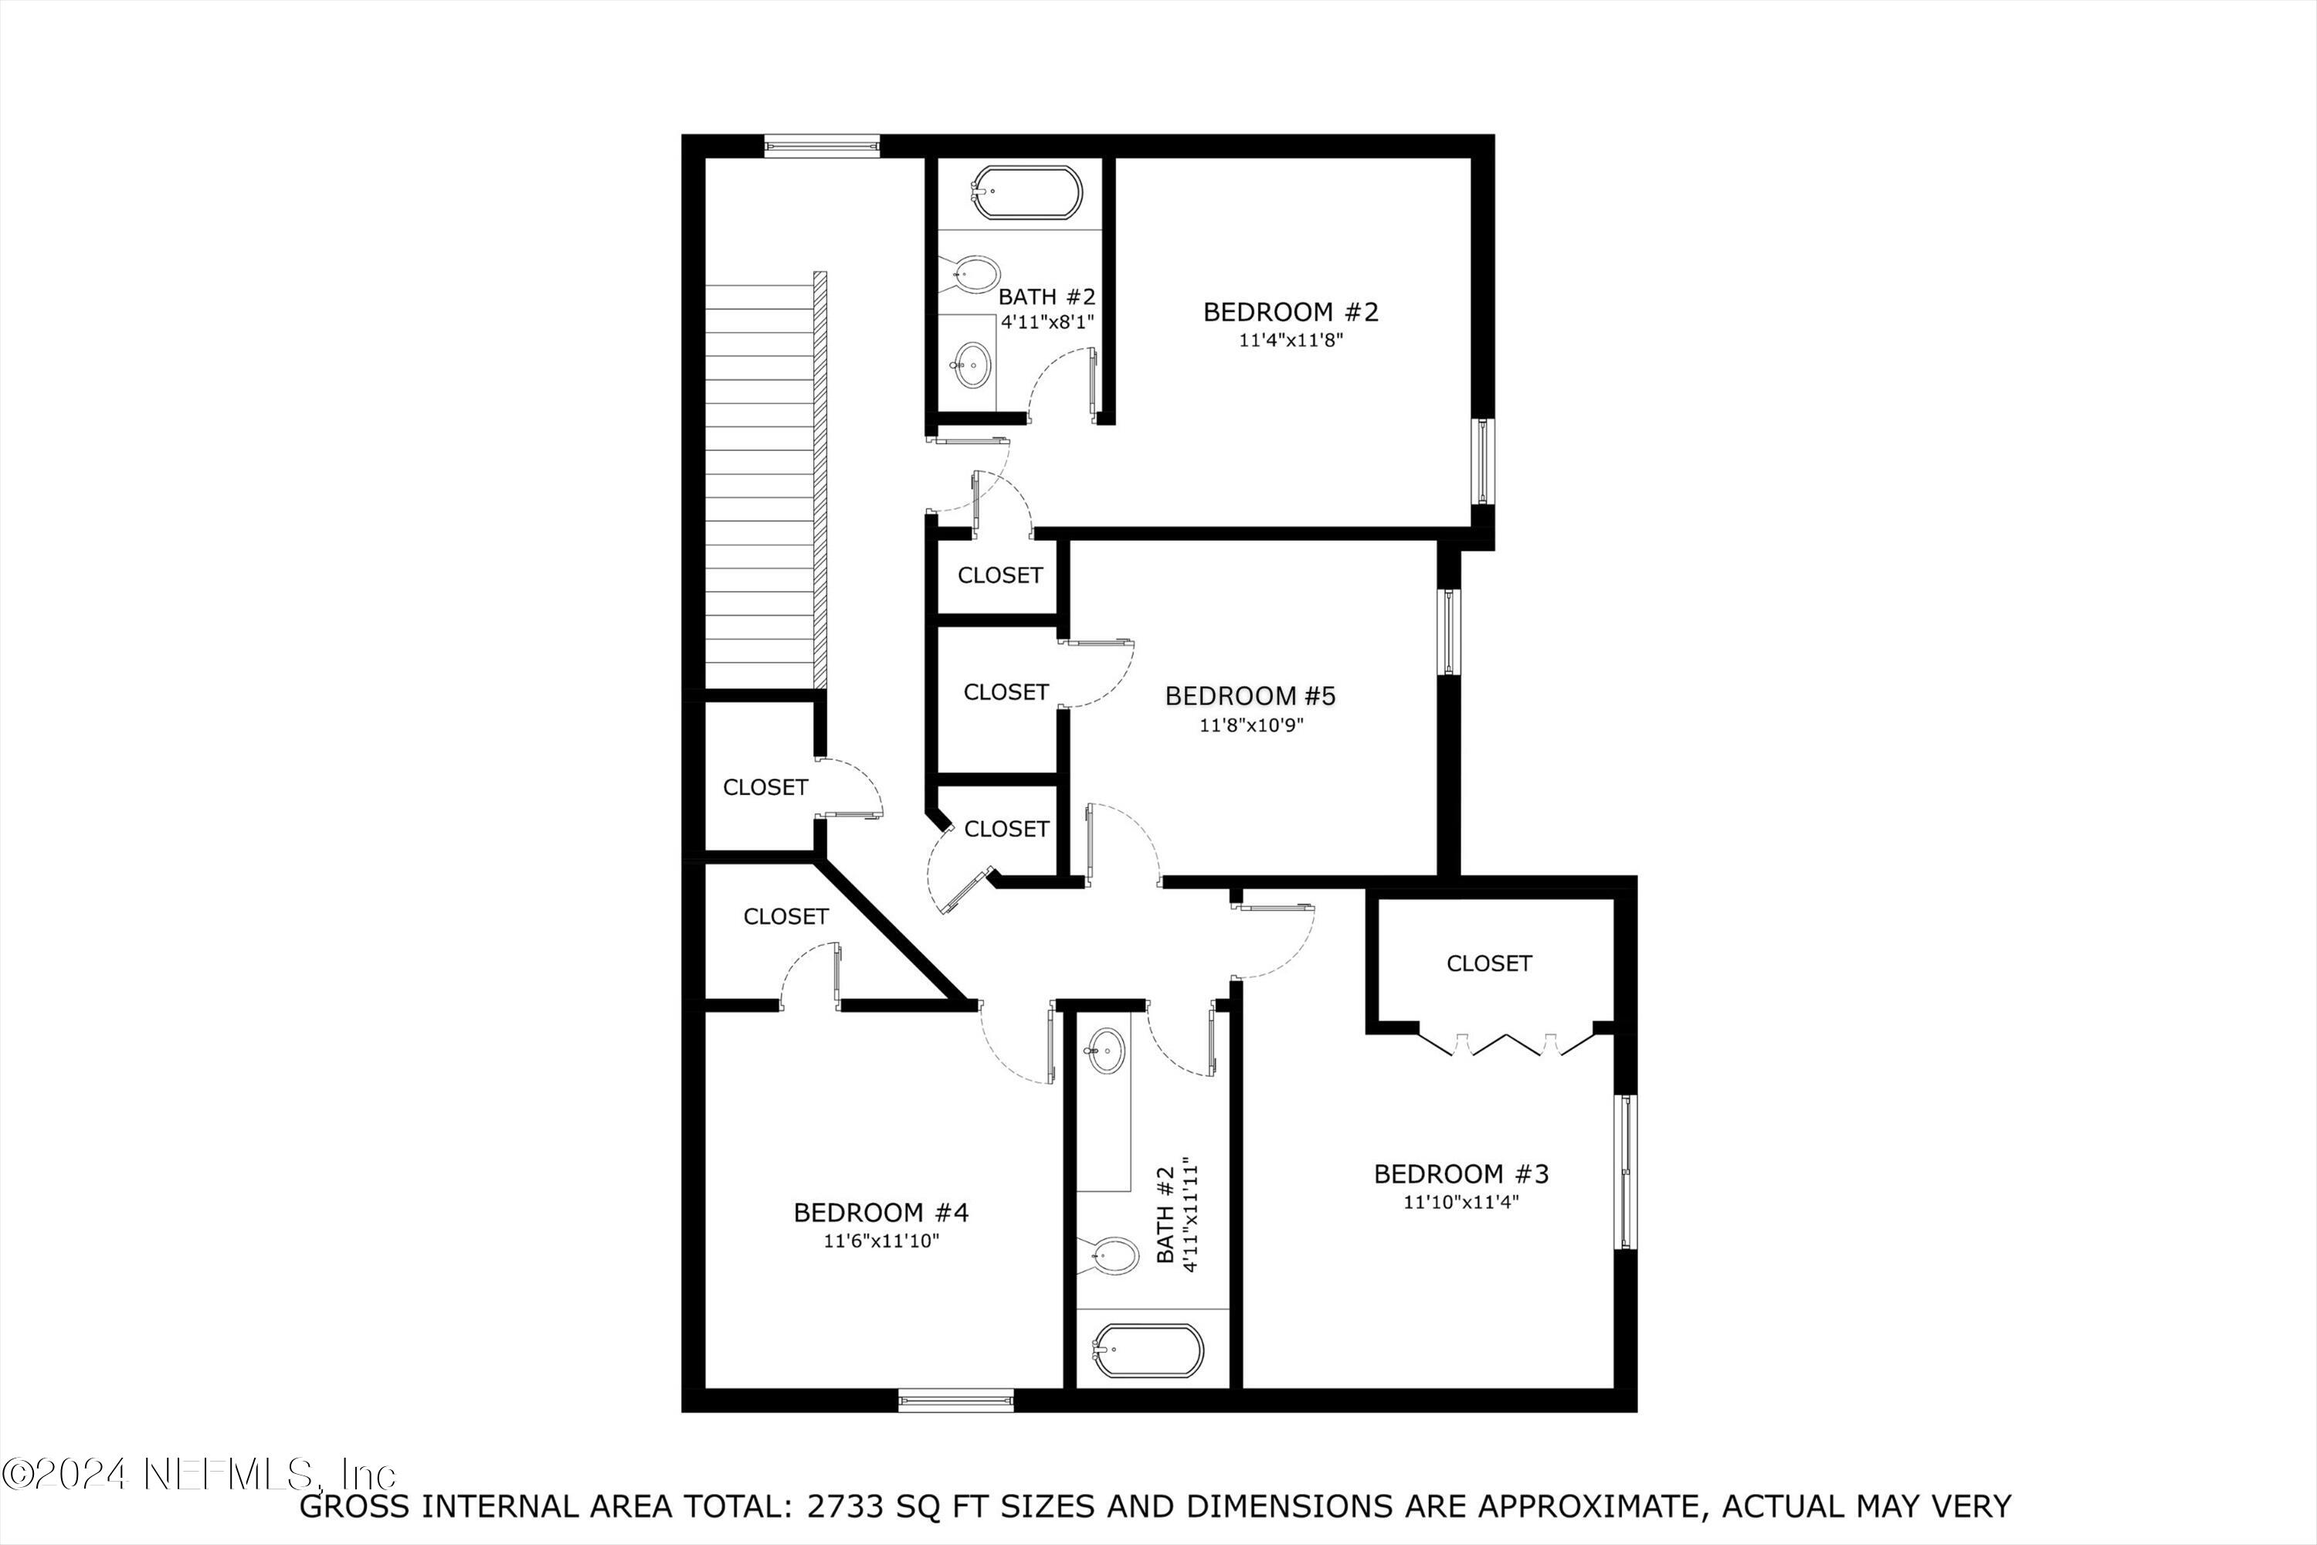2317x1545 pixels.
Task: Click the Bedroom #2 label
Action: click(1291, 312)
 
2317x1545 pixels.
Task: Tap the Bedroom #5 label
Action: click(1250, 696)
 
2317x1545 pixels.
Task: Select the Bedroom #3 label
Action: click(1461, 1173)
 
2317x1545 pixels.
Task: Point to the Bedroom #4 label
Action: click(880, 1212)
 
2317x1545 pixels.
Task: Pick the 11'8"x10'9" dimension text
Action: click(1250, 725)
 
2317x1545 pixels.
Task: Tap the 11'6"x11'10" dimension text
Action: click(880, 1241)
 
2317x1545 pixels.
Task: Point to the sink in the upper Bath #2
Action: click(972, 365)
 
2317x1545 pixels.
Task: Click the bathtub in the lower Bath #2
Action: click(1148, 1349)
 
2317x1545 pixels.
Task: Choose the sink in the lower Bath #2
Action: click(1105, 1051)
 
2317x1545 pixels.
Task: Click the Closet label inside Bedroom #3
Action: click(1488, 963)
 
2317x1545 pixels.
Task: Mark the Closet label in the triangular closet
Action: click(785, 916)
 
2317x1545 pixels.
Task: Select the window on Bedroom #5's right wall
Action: click(1448, 632)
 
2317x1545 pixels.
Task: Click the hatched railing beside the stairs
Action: click(819, 480)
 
